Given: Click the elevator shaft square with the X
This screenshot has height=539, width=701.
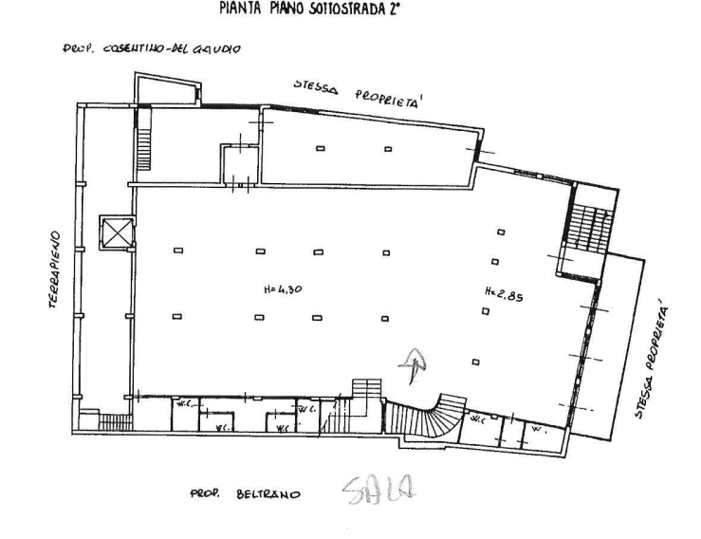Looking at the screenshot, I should point(118,232).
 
